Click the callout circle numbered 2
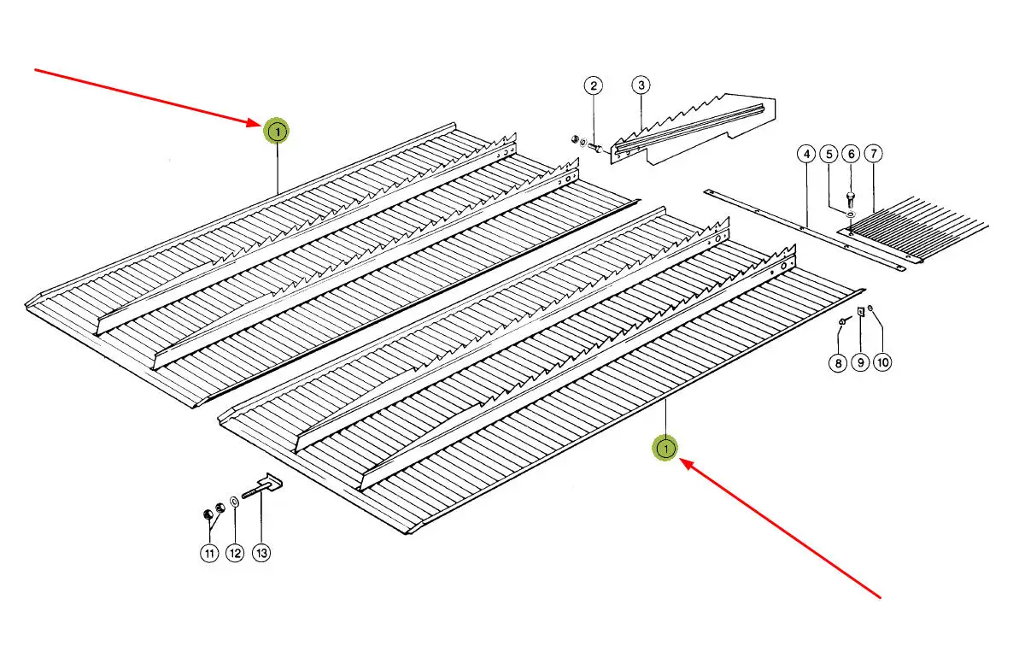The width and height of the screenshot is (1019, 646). click(x=594, y=85)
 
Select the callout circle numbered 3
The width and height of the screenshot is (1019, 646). click(x=641, y=85)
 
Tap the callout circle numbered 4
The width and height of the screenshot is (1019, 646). click(x=805, y=155)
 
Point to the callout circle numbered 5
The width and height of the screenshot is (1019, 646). click(x=829, y=155)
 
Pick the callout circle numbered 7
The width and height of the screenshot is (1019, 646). click(x=873, y=155)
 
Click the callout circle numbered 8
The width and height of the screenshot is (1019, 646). click(x=838, y=363)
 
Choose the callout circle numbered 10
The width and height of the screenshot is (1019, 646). click(x=883, y=363)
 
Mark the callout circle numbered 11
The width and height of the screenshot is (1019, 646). click(x=209, y=554)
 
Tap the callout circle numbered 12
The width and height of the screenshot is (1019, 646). click(x=235, y=554)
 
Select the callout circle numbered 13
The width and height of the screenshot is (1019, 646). click(x=261, y=554)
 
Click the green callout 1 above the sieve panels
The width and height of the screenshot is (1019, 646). click(x=276, y=132)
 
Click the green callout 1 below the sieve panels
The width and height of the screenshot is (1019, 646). click(x=665, y=447)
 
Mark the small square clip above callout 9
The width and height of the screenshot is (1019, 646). click(x=860, y=314)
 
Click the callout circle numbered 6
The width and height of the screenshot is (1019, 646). click(x=851, y=155)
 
